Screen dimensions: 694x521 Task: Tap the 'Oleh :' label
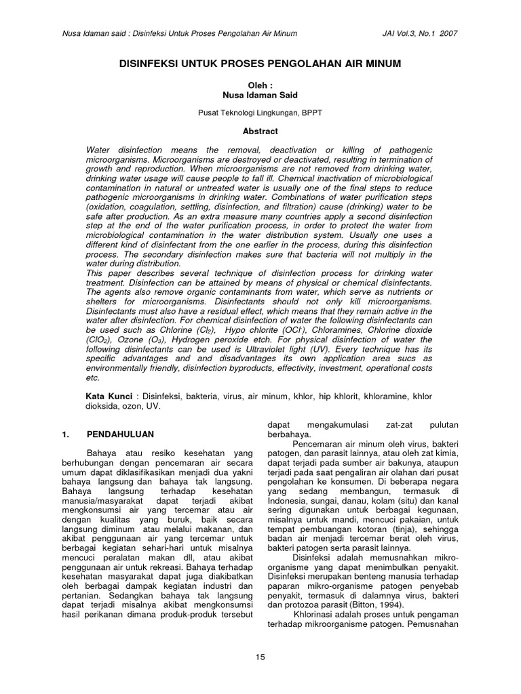[260, 86]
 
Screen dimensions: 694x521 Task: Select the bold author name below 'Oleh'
[260, 96]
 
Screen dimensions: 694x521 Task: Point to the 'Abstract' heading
[260, 131]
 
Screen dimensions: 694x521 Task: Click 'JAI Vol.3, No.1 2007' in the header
[420, 33]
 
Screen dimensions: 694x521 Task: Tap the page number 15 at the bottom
[260, 656]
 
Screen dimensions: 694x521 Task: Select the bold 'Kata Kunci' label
[108, 396]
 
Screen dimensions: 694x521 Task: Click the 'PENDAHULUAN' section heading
[121, 434]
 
